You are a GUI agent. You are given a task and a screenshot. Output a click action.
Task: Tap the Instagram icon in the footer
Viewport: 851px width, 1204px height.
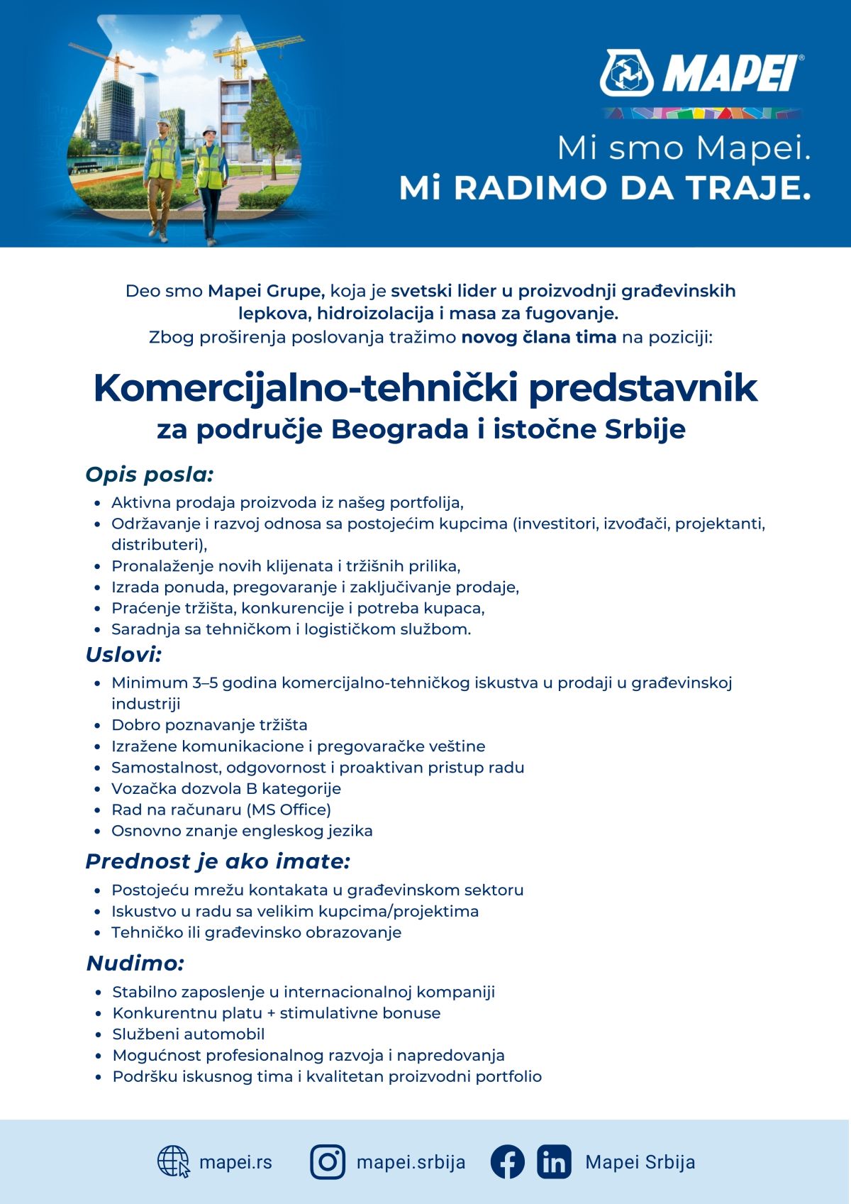(328, 1161)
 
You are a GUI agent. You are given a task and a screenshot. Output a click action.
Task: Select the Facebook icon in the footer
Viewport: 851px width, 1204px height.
(508, 1161)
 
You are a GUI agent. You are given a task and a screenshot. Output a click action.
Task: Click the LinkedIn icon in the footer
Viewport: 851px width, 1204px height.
(554, 1161)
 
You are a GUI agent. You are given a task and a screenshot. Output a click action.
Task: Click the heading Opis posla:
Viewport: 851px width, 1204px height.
(150, 474)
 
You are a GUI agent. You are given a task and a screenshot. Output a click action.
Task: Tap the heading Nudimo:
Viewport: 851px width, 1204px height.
(135, 963)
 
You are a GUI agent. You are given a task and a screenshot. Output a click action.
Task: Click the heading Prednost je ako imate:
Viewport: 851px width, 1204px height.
(218, 861)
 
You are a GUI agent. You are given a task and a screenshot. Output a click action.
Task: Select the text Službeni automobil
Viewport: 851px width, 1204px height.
(189, 1034)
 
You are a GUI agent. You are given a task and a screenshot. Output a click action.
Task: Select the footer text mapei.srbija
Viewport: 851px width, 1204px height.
(411, 1162)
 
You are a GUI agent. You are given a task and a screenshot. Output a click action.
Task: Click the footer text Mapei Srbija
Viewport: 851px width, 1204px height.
(640, 1162)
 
